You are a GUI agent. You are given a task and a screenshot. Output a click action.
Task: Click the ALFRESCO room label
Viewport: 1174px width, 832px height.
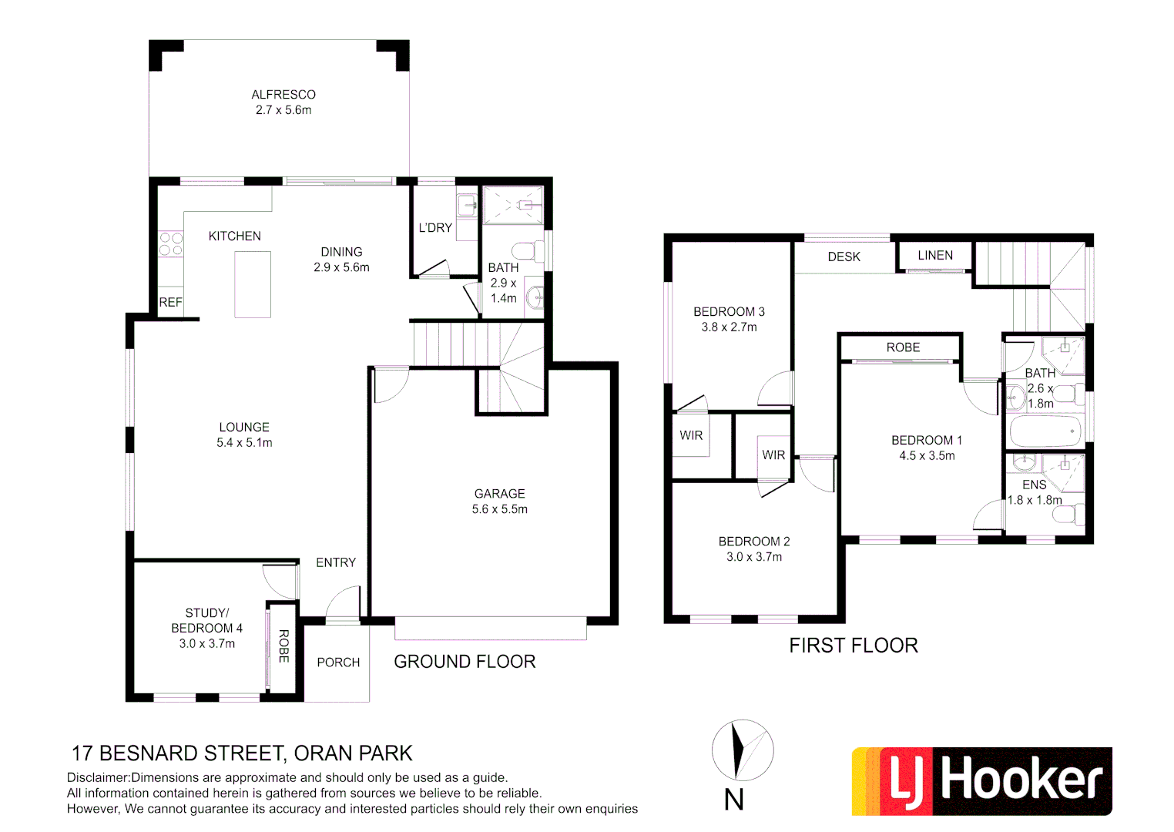[x=283, y=95]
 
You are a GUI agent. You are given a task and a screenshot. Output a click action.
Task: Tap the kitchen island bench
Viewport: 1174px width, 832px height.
[x=253, y=284]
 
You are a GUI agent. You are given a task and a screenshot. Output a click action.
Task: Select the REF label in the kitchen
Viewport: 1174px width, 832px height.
[x=170, y=303]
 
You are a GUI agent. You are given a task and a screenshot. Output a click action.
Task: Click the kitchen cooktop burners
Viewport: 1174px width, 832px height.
[x=171, y=244]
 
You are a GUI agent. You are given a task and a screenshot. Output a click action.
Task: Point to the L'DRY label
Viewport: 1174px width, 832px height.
[x=435, y=228]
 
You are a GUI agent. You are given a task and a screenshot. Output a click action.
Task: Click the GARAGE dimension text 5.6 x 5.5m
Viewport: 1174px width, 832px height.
[x=499, y=509]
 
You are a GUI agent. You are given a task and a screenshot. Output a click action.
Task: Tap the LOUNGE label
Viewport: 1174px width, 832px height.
[x=244, y=428]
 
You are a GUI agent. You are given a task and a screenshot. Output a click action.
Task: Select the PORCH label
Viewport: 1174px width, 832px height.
[x=338, y=663]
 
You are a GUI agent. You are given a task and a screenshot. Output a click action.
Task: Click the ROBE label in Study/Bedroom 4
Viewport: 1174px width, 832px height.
[x=283, y=646]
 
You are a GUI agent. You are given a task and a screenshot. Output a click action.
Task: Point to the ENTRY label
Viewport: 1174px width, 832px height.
[x=336, y=563]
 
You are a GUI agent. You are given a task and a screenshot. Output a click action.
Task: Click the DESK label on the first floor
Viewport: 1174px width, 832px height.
[x=844, y=257]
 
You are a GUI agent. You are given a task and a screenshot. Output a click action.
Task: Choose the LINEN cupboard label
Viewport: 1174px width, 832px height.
[x=935, y=256]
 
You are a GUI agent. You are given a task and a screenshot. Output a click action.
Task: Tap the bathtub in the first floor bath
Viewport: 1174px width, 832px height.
[x=1045, y=431]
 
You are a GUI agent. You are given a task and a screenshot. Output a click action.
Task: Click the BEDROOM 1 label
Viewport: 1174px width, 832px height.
[x=927, y=441]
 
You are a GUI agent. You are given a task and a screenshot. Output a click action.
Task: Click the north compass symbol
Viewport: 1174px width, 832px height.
[x=742, y=750]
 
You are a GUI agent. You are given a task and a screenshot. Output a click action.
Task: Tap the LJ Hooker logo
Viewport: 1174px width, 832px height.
[x=981, y=781]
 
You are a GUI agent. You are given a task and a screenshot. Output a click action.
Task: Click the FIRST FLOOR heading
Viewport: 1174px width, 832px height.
[x=854, y=646]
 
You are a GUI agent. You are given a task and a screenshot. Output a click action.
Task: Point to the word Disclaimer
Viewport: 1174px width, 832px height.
[x=97, y=778]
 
